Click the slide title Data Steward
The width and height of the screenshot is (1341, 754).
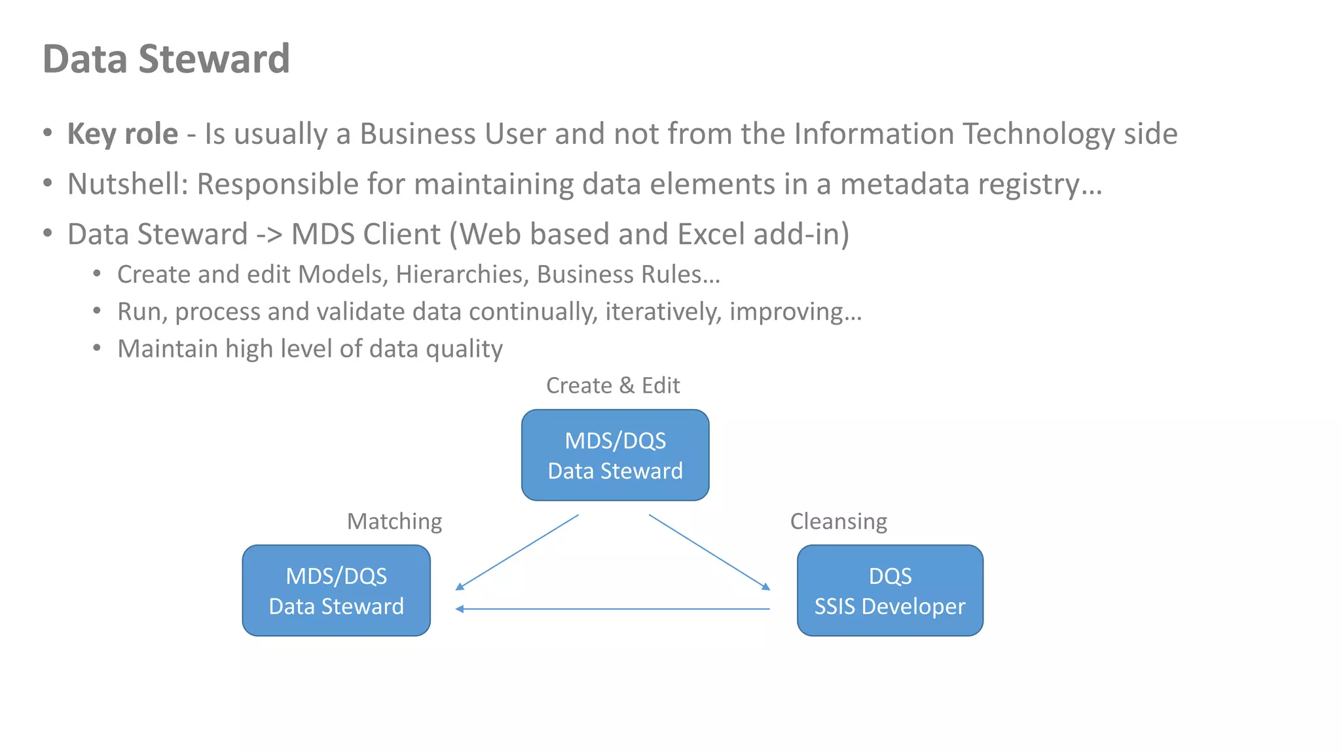click(x=166, y=59)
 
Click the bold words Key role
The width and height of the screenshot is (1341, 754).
click(x=122, y=134)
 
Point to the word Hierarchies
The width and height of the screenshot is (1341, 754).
click(x=462, y=275)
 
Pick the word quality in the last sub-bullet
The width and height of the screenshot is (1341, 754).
click(x=464, y=350)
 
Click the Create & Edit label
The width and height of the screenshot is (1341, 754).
click(x=613, y=386)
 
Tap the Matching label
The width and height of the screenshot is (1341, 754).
click(x=394, y=521)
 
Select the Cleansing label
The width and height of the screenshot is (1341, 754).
click(x=838, y=521)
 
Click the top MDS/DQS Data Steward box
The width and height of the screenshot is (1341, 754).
click(x=615, y=456)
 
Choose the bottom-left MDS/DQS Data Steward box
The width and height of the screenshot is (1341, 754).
click(x=336, y=590)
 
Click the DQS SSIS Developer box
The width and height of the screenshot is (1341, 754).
click(x=890, y=590)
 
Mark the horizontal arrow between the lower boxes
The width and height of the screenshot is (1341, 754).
click(x=612, y=609)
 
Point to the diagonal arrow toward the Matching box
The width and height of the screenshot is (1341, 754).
click(x=517, y=552)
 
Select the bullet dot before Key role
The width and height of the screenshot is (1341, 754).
click(x=47, y=133)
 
